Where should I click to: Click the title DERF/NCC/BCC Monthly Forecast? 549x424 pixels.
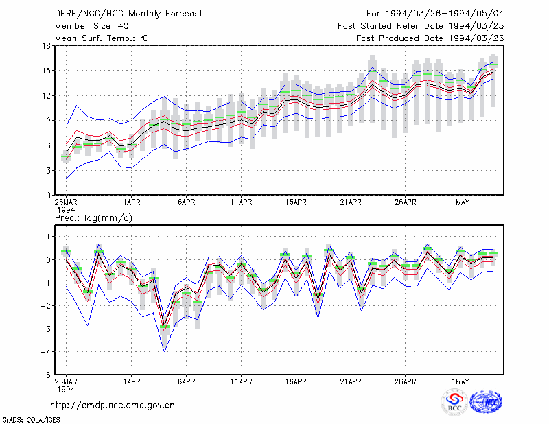(x=128, y=14)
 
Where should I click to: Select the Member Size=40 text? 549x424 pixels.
(x=92, y=26)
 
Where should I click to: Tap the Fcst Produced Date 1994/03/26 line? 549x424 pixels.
(x=430, y=38)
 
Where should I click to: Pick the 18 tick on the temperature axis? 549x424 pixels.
(x=46, y=45)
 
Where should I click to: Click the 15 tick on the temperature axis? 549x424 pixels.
(x=46, y=71)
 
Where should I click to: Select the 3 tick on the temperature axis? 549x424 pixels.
(x=48, y=171)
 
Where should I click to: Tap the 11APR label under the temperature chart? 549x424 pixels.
(x=242, y=202)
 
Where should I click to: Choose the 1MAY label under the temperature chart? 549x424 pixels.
(x=460, y=202)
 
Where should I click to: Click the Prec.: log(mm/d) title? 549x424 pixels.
(x=93, y=218)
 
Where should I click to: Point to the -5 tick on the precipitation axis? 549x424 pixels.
(x=45, y=375)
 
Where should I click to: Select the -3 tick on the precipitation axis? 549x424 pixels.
(x=45, y=329)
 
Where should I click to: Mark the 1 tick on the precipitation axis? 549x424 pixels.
(x=48, y=237)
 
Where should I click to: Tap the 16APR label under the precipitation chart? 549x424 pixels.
(x=296, y=381)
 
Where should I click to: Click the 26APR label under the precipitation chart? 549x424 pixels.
(x=406, y=381)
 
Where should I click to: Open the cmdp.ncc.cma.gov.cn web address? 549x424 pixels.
(x=113, y=405)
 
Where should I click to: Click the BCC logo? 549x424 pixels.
(x=454, y=402)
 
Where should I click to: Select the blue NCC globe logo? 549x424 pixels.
(x=486, y=402)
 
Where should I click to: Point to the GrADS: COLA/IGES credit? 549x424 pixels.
(x=31, y=420)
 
